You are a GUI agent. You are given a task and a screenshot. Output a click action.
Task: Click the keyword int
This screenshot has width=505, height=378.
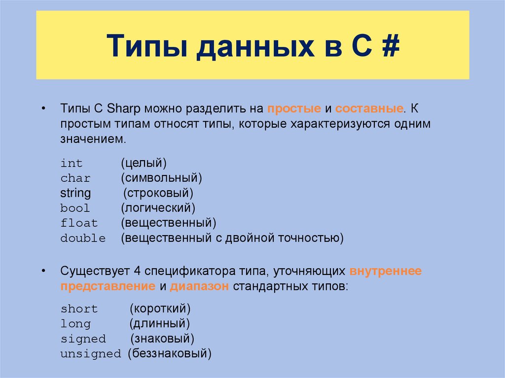[72, 163]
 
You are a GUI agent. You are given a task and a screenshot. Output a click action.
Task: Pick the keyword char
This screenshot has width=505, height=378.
[75, 178]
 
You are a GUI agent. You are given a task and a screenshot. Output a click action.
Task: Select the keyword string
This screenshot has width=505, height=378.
[75, 193]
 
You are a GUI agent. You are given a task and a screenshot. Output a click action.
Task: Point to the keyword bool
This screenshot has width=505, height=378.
[75, 208]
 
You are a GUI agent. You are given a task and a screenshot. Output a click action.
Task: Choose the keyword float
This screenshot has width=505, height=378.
[79, 223]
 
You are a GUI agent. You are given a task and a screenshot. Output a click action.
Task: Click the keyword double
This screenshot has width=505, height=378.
[83, 239]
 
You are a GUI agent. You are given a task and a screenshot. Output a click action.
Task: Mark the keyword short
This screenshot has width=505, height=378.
[79, 309]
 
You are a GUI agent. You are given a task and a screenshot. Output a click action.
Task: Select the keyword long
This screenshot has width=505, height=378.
[75, 324]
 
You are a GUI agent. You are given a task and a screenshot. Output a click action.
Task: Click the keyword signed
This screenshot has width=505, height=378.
[83, 339]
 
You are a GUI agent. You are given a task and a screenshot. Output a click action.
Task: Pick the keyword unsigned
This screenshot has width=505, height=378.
[90, 354]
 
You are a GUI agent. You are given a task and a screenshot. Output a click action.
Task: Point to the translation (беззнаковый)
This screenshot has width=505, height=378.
[169, 354]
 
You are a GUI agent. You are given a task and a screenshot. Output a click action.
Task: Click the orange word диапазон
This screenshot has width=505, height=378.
[199, 287]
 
